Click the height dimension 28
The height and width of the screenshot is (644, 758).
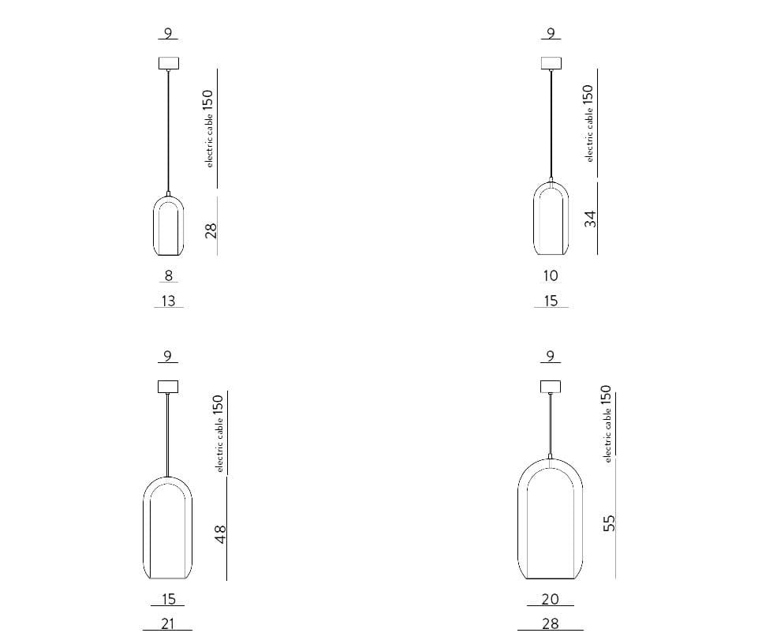tap(211, 230)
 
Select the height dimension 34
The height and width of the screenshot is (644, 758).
tap(590, 219)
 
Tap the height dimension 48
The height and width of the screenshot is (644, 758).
tap(221, 534)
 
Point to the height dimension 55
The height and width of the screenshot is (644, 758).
tap(609, 522)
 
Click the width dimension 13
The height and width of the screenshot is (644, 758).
tap(168, 301)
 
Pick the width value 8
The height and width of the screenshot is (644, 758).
tap(168, 275)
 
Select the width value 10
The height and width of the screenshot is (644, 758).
tap(551, 275)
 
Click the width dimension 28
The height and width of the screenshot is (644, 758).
tap(551, 623)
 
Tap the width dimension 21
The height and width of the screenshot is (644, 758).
tap(168, 623)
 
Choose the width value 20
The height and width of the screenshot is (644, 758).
tap(551, 600)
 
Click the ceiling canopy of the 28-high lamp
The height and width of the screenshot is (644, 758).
tap(168, 62)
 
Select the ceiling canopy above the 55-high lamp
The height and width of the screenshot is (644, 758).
tap(551, 386)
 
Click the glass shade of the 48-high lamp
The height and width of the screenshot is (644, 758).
tap(168, 529)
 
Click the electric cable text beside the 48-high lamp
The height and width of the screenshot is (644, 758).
tap(220, 446)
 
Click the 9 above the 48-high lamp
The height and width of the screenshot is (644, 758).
tap(167, 356)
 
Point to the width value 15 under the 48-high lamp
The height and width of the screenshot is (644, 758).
tap(168, 600)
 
